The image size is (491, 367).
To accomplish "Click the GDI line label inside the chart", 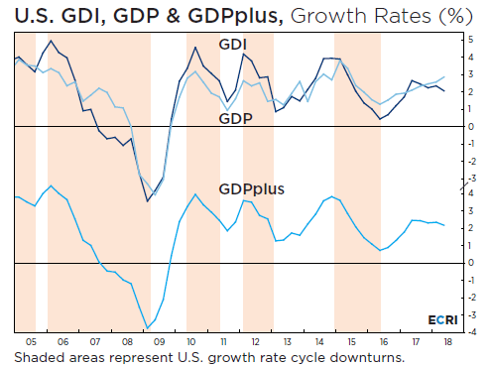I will coord(233,45).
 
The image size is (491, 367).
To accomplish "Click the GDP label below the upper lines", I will coord(235,117).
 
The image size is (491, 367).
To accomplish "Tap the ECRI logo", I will coord(442,320).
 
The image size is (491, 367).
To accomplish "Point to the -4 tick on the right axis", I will coord(469,331).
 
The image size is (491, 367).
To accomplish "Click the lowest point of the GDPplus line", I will coord(148,327).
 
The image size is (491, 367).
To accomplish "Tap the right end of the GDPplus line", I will coord(444,226).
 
